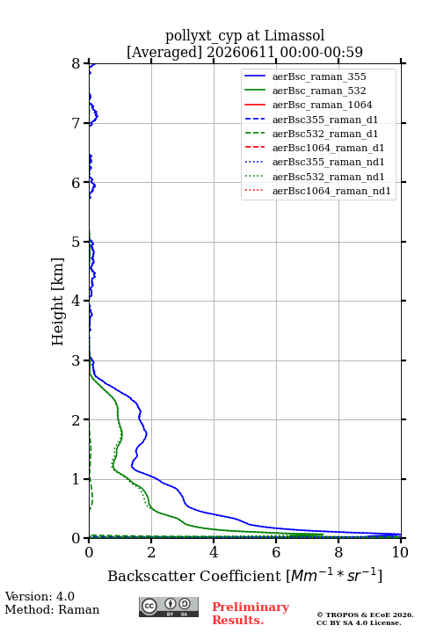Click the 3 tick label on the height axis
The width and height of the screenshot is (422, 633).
(x=76, y=360)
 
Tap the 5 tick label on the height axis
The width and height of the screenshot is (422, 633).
(x=76, y=242)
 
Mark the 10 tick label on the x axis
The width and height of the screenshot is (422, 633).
(x=400, y=552)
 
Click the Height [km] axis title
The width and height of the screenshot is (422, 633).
(x=58, y=302)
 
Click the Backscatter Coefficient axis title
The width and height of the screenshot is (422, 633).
(x=244, y=575)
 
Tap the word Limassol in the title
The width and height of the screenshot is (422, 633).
(x=295, y=35)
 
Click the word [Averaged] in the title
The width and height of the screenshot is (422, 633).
(x=164, y=52)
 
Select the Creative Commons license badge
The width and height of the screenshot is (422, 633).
(x=169, y=607)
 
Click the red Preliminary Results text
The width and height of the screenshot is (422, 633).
(x=251, y=613)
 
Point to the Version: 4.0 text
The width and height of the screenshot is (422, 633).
(x=40, y=596)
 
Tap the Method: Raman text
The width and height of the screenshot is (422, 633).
(x=52, y=609)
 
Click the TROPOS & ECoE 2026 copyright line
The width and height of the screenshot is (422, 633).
(x=365, y=615)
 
